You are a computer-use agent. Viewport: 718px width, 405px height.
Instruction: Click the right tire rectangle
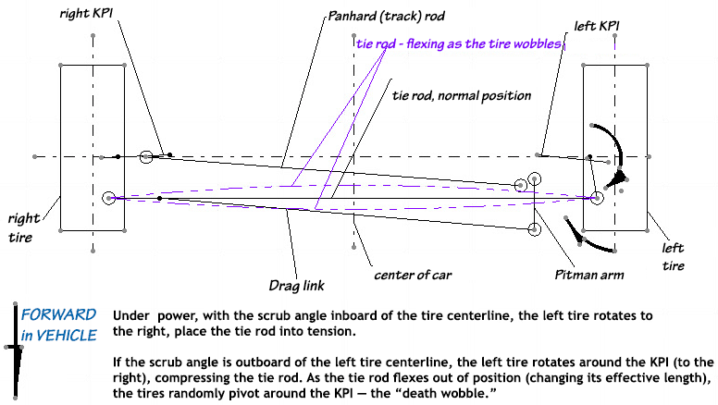92,148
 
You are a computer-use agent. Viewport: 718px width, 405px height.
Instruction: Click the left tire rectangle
614,148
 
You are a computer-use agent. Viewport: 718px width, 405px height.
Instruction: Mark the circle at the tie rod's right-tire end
109,197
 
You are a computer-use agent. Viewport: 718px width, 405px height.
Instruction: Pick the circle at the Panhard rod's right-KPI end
146,157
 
